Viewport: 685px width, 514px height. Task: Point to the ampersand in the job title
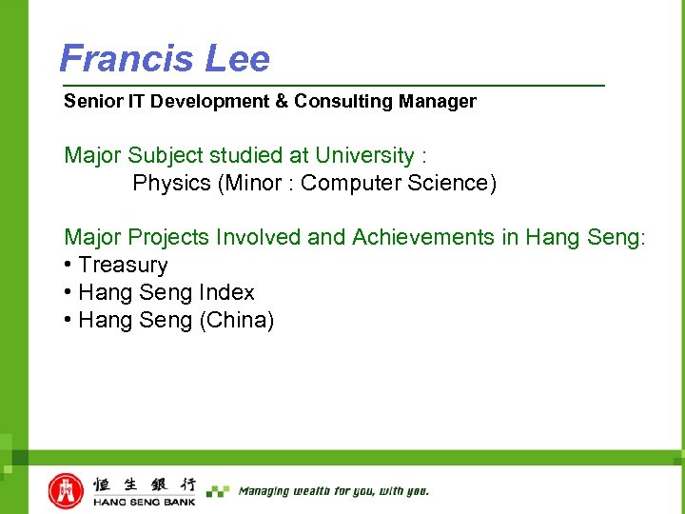pyautogui.click(x=281, y=101)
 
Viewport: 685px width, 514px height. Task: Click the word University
pyautogui.click(x=364, y=155)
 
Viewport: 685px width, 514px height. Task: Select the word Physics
pyautogui.click(x=172, y=183)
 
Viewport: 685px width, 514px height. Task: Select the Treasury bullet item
pyautogui.click(x=123, y=265)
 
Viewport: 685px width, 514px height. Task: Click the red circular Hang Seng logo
pyautogui.click(x=66, y=491)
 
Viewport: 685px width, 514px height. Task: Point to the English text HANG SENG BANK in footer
pyautogui.click(x=144, y=502)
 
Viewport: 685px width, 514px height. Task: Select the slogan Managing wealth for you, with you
pyautogui.click(x=333, y=491)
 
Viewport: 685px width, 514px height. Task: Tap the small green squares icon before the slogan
pyautogui.click(x=218, y=491)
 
